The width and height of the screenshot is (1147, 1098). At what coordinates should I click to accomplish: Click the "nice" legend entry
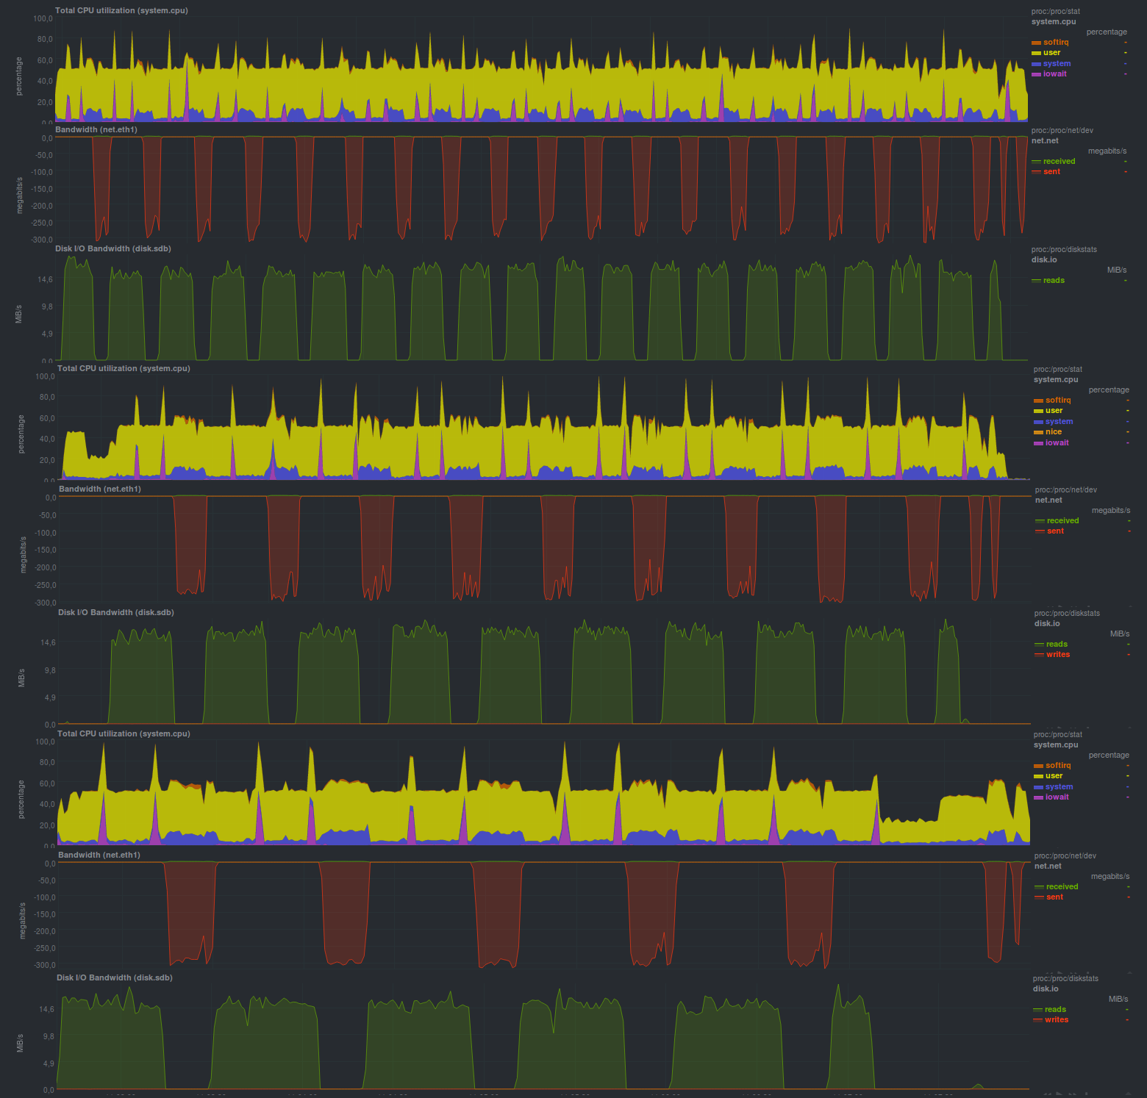tap(1054, 432)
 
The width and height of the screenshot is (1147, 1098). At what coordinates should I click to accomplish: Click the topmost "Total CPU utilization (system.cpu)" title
tap(121, 10)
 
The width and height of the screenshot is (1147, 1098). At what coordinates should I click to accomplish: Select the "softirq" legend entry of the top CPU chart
tap(1056, 42)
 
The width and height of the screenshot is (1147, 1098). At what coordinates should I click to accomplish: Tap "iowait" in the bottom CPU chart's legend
tap(1057, 797)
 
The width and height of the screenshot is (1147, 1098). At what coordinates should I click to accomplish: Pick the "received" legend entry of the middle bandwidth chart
tap(1062, 520)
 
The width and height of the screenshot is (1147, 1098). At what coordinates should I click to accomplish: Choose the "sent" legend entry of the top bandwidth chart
tap(1051, 171)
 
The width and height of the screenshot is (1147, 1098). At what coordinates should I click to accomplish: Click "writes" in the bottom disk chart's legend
tap(1056, 1019)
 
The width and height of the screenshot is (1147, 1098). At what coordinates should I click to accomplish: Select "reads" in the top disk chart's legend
tap(1054, 280)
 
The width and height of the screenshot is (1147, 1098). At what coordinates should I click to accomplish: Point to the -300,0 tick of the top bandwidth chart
tap(42, 240)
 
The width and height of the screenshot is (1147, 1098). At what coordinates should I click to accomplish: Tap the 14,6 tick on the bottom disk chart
tap(46, 1009)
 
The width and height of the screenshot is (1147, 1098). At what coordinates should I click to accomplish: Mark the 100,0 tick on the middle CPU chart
tap(46, 376)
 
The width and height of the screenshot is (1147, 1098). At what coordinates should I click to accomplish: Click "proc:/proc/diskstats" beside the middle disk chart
tap(1067, 613)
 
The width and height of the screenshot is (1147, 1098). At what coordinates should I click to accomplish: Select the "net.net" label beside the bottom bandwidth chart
tap(1048, 866)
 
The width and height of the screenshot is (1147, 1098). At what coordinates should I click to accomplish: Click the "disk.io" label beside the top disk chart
tap(1044, 259)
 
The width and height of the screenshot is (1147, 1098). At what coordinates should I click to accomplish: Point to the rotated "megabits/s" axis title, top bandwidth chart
tap(20, 195)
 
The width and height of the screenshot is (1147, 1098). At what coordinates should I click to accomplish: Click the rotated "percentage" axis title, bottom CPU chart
tap(21, 799)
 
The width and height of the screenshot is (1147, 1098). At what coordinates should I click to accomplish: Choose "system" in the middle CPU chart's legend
tap(1059, 421)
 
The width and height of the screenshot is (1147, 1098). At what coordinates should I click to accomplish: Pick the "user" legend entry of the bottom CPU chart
tap(1054, 775)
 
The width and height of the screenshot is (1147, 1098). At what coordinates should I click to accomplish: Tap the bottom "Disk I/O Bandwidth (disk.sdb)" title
tap(115, 977)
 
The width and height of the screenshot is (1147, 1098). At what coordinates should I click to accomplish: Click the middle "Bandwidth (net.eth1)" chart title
tap(100, 489)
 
